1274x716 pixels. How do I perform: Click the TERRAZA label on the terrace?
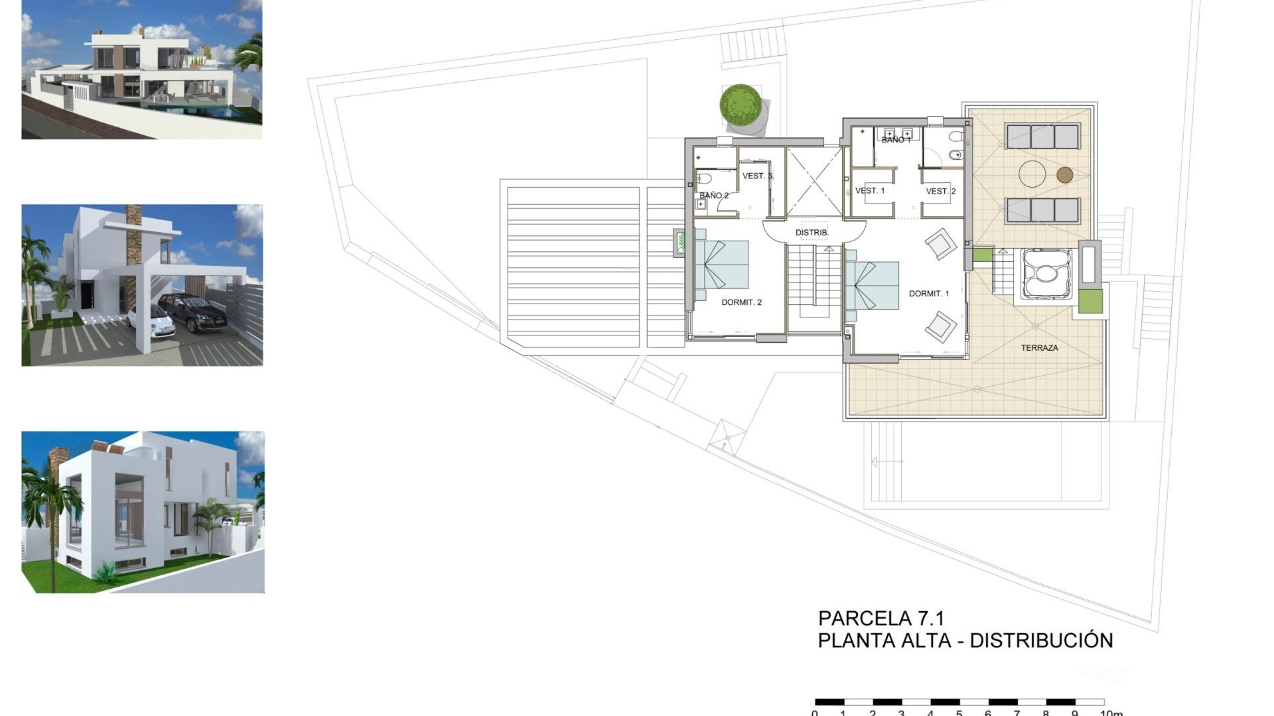point(1039,347)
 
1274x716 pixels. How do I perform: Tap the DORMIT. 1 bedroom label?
point(928,294)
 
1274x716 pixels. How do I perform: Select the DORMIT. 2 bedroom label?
point(741,302)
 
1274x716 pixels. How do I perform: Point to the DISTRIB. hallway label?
point(812,233)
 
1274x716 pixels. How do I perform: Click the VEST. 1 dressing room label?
point(869,191)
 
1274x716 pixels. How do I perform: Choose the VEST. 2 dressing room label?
point(940,192)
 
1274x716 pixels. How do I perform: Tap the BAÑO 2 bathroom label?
point(713,196)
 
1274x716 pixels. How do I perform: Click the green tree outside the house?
point(740,103)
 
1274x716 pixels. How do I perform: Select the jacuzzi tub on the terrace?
point(1042,273)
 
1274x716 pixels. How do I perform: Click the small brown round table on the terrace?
point(1064,175)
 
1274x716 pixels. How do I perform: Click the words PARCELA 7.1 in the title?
point(881,619)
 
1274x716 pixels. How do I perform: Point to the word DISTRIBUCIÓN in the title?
point(1041,640)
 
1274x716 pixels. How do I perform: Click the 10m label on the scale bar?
point(1111,713)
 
